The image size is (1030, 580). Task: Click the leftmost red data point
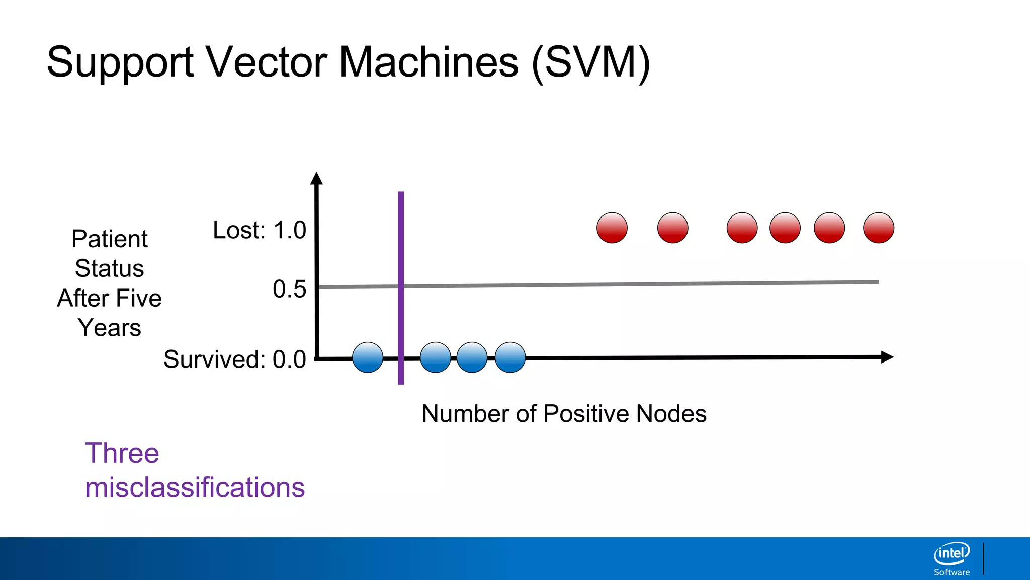pyautogui.click(x=612, y=228)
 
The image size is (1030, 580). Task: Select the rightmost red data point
pyautogui.click(x=878, y=228)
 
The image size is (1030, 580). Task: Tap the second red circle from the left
pyautogui.click(x=672, y=228)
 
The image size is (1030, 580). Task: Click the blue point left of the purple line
pyautogui.click(x=368, y=357)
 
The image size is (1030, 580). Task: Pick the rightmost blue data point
pyautogui.click(x=510, y=357)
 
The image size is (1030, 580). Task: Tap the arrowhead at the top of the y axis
pyautogui.click(x=316, y=179)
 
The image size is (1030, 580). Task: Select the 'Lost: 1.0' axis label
pyautogui.click(x=259, y=230)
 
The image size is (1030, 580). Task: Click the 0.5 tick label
pyautogui.click(x=289, y=289)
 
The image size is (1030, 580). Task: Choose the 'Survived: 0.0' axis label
pyautogui.click(x=234, y=359)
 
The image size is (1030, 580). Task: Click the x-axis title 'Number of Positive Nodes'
pyautogui.click(x=564, y=414)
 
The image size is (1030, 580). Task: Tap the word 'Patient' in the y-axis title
pyautogui.click(x=109, y=239)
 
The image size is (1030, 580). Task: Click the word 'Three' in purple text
pyautogui.click(x=122, y=453)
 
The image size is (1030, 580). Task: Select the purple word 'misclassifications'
pyautogui.click(x=195, y=487)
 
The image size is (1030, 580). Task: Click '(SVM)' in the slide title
pyautogui.click(x=590, y=62)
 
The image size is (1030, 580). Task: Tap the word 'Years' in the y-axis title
pyautogui.click(x=109, y=328)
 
